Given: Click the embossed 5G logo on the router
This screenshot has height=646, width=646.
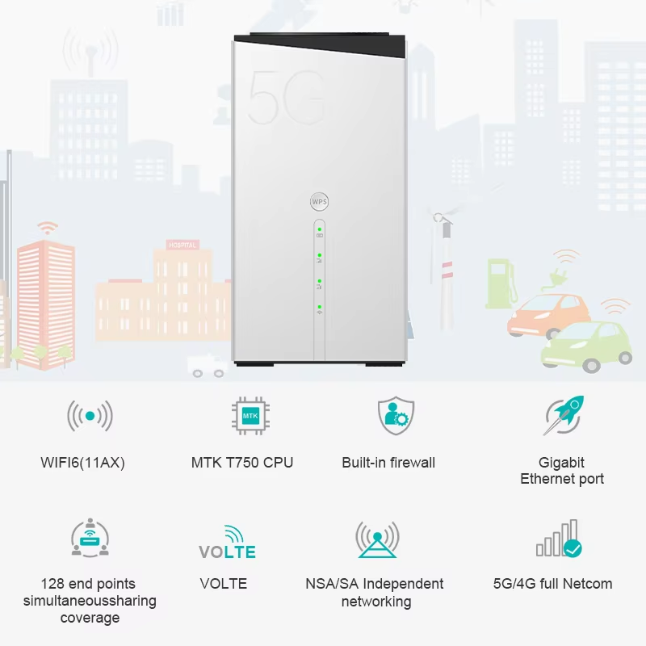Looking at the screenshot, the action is pyautogui.click(x=286, y=98).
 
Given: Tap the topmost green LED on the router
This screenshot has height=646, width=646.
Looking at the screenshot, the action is pyautogui.click(x=319, y=229).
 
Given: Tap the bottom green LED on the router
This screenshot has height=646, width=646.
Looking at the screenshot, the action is pyautogui.click(x=319, y=307).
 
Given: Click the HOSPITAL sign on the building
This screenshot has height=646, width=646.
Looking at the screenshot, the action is pyautogui.click(x=182, y=245).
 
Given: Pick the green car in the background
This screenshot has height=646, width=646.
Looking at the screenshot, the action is pyautogui.click(x=587, y=346).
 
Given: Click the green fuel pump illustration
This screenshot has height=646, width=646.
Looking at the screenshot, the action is pyautogui.click(x=500, y=283).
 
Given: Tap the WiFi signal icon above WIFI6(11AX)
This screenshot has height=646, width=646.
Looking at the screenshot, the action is pyautogui.click(x=90, y=416).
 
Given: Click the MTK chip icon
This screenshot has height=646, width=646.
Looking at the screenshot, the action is pyautogui.click(x=250, y=416).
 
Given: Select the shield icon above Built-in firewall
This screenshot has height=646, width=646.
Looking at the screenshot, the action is pyautogui.click(x=396, y=415).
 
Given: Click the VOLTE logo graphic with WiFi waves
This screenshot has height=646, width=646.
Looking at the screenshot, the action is pyautogui.click(x=227, y=542).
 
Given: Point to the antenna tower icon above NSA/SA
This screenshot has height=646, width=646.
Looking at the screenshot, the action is pyautogui.click(x=377, y=539).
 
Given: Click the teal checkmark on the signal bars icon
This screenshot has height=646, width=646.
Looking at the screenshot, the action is pyautogui.click(x=573, y=548).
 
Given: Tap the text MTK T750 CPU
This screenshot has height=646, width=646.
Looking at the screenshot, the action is pyautogui.click(x=242, y=463).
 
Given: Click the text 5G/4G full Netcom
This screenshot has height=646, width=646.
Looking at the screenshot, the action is pyautogui.click(x=553, y=584).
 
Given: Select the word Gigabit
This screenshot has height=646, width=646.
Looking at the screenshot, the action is pyautogui.click(x=561, y=463).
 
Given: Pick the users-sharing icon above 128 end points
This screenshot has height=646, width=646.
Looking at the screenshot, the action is pyautogui.click(x=90, y=538).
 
